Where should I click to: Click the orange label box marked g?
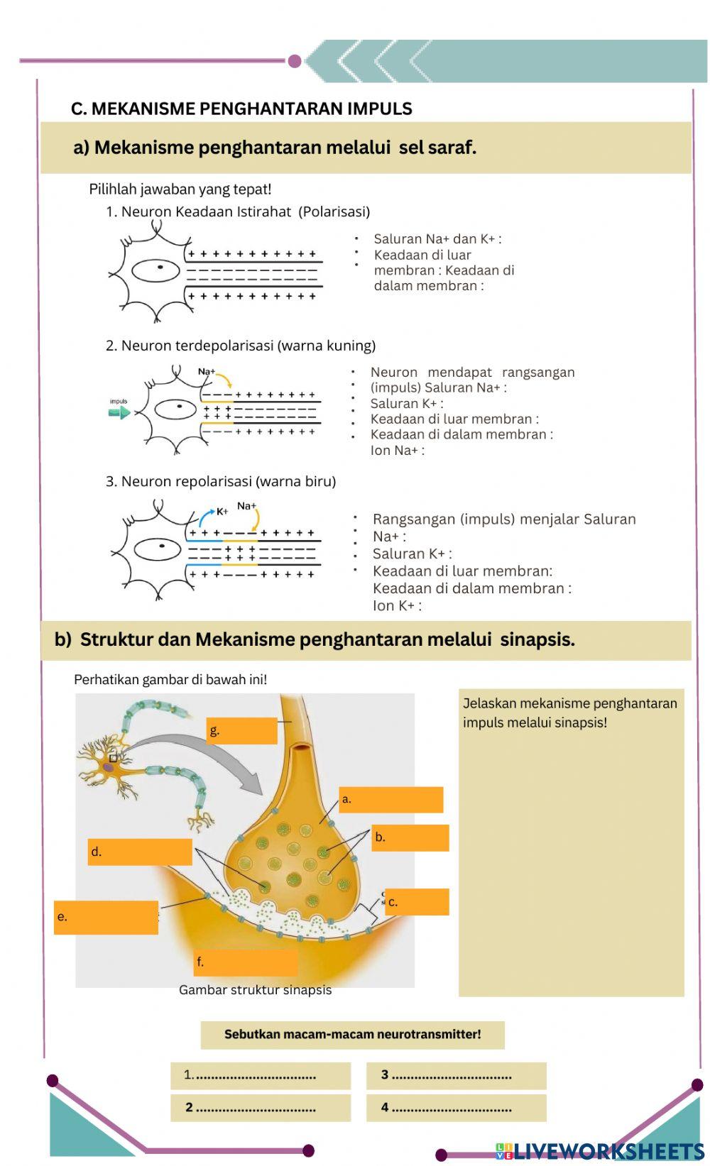pyautogui.click(x=242, y=730)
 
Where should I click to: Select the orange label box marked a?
pyautogui.click(x=390, y=799)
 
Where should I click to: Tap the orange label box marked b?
pyautogui.click(x=410, y=837)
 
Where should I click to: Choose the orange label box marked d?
pyautogui.click(x=140, y=852)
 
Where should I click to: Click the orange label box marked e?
pyautogui.click(x=106, y=917)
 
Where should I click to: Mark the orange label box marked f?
pyautogui.click(x=246, y=962)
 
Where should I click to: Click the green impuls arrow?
pyautogui.click(x=119, y=412)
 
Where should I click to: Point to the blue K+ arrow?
pyautogui.click(x=204, y=518)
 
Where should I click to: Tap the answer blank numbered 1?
pyautogui.click(x=261, y=1075)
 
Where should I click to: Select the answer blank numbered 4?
pyautogui.click(x=456, y=1108)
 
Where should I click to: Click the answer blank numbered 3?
pyautogui.click(x=456, y=1075)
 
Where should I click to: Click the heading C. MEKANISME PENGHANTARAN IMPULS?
pyautogui.click(x=241, y=109)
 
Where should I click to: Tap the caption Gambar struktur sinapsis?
pyautogui.click(x=255, y=990)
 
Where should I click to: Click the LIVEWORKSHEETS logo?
pyautogui.click(x=600, y=1151)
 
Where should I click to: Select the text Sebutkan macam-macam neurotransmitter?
pyautogui.click(x=352, y=1035)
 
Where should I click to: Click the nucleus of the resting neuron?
pyautogui.click(x=160, y=267)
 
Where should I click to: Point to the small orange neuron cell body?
pyautogui.click(x=109, y=766)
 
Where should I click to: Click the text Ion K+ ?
pyautogui.click(x=397, y=605)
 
